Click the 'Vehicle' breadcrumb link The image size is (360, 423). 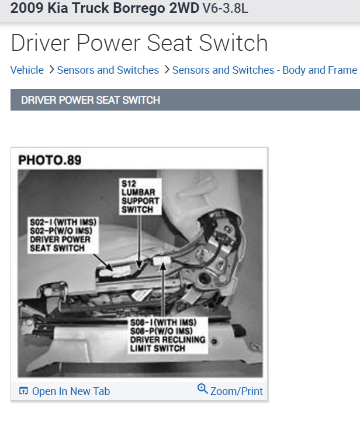[27, 70]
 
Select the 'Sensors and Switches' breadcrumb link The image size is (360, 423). [108, 70]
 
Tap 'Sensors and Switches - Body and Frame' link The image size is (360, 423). [264, 70]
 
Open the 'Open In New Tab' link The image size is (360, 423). [71, 391]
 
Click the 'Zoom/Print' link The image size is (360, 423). [236, 391]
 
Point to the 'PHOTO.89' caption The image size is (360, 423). [50, 160]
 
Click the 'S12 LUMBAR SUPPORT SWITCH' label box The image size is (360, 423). [139, 196]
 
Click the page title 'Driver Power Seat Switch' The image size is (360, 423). [139, 43]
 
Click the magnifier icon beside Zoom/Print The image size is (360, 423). [203, 389]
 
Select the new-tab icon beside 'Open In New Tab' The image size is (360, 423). [23, 391]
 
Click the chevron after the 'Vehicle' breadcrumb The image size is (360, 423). [51, 70]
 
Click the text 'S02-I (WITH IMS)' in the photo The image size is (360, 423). [63, 223]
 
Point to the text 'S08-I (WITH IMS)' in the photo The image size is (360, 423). [164, 322]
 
